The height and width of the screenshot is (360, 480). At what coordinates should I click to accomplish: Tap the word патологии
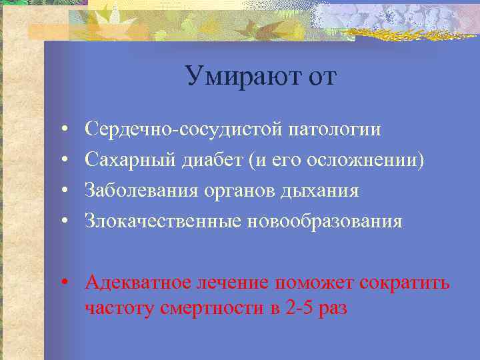point(335,129)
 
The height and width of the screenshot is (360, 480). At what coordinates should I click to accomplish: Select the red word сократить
point(405,283)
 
